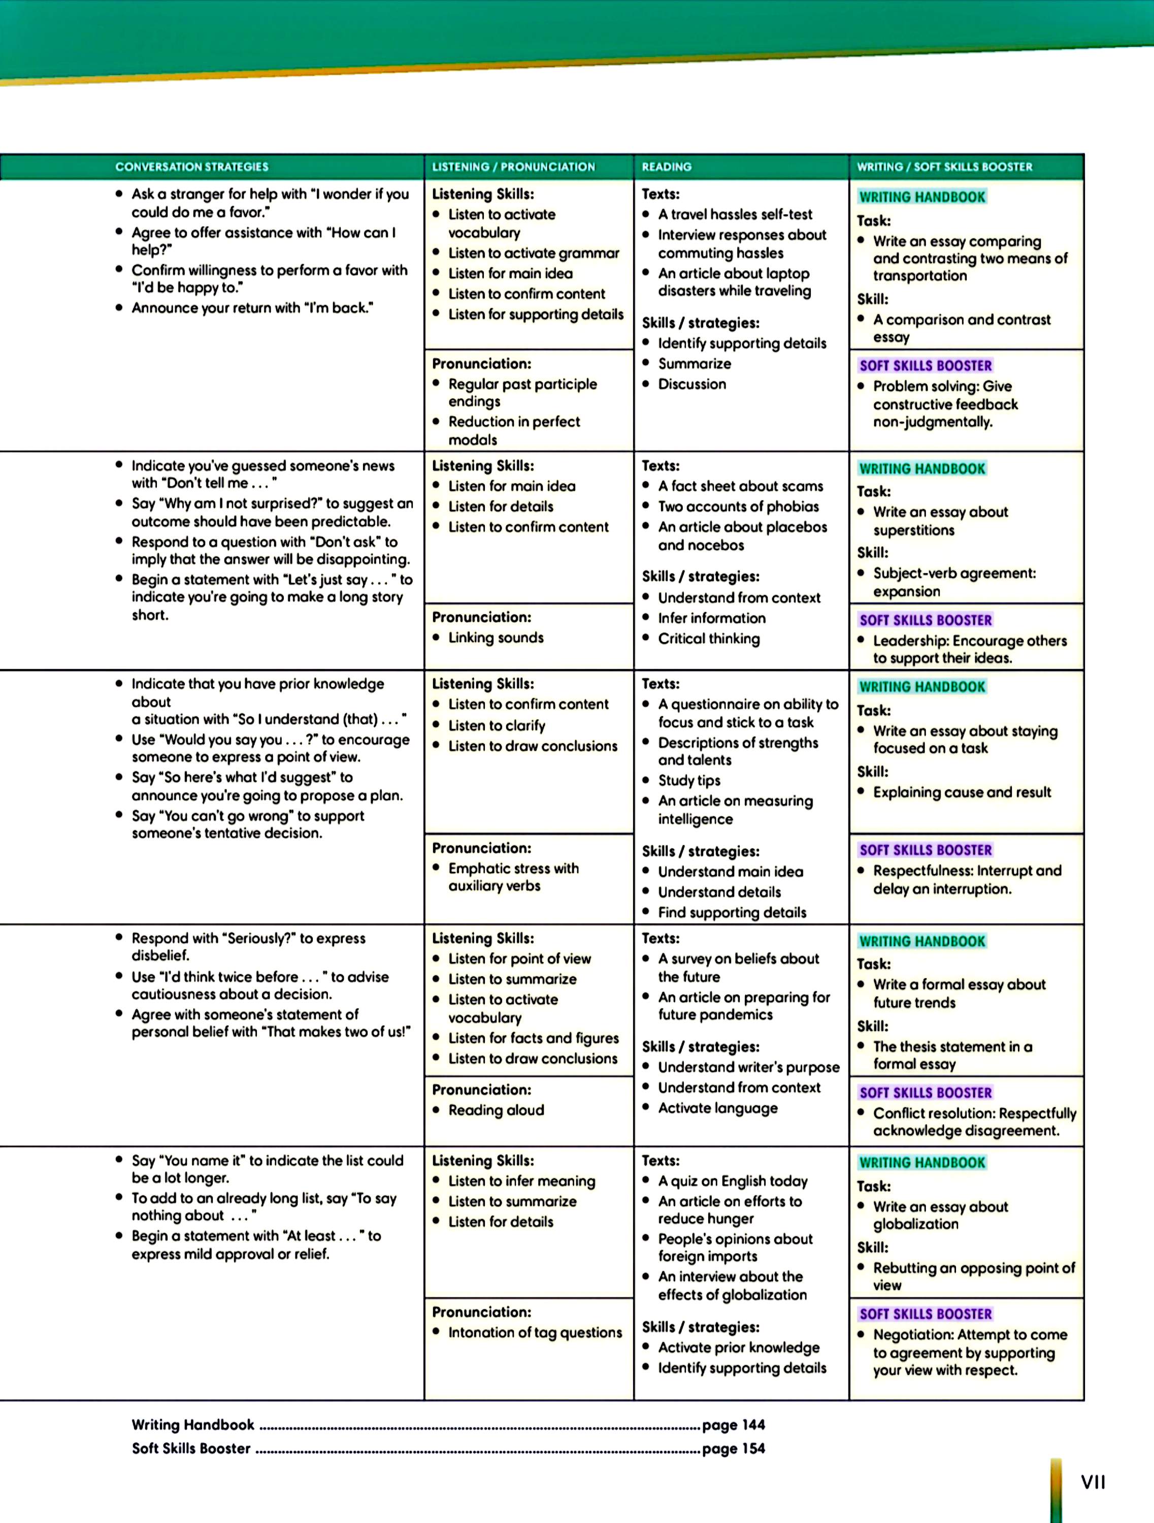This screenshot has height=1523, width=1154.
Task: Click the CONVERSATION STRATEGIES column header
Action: (x=191, y=167)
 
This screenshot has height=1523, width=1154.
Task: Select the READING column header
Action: (x=667, y=167)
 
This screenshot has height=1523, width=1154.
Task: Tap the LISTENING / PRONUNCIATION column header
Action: (x=513, y=167)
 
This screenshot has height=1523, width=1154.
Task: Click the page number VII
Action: (x=1093, y=1482)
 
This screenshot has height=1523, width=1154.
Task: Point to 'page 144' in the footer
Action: (x=733, y=1425)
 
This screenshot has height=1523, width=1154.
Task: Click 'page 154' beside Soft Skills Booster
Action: (x=733, y=1448)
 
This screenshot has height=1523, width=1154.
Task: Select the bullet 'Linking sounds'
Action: (x=496, y=638)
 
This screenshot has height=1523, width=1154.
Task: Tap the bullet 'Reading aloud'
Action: (x=496, y=1110)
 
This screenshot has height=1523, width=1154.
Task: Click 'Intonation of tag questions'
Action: (x=535, y=1332)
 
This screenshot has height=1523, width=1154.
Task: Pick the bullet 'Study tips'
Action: (x=688, y=780)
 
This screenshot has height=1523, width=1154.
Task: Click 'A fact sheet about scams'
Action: (x=740, y=486)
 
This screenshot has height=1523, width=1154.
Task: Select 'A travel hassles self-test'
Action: (x=735, y=214)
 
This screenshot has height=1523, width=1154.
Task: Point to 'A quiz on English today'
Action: (x=733, y=1181)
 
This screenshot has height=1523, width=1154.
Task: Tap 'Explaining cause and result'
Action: (x=962, y=792)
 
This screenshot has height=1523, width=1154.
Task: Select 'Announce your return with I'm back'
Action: (x=252, y=308)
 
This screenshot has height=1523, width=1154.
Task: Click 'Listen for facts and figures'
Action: (x=533, y=1038)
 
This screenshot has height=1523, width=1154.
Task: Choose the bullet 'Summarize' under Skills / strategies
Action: (x=694, y=363)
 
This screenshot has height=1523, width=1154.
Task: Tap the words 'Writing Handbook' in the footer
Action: (x=193, y=1425)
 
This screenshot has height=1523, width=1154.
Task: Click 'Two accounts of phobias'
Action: (x=738, y=507)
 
